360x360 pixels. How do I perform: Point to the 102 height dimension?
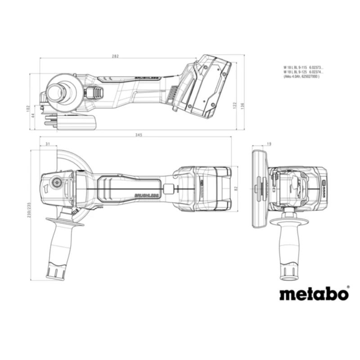[28, 108]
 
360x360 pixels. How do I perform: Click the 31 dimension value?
[48, 144]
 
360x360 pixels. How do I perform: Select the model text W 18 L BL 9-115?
[295, 67]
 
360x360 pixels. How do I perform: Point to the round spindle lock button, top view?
[57, 182]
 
